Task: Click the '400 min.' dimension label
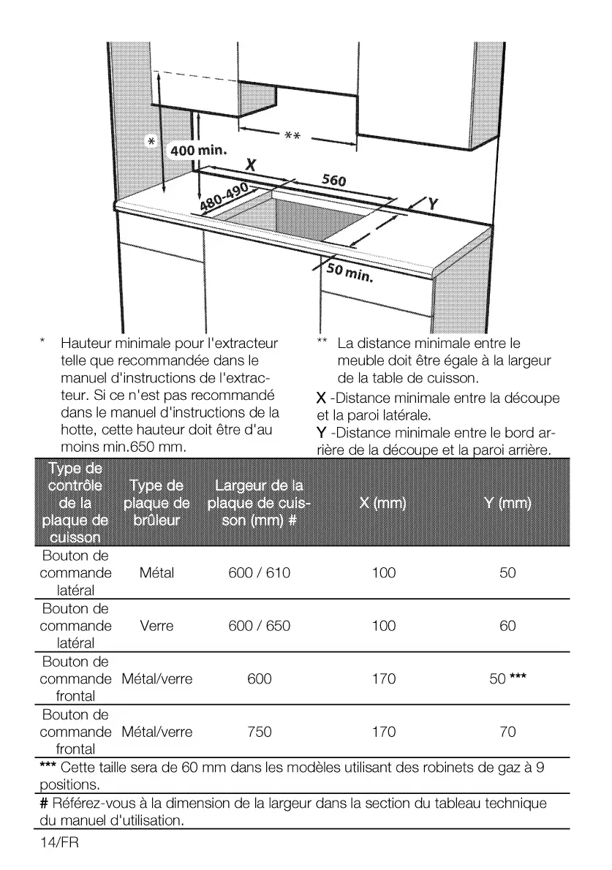pyautogui.click(x=200, y=150)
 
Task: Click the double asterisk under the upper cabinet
pyautogui.click(x=292, y=136)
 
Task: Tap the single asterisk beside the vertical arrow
pyautogui.click(x=151, y=141)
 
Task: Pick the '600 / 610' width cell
pyautogui.click(x=259, y=573)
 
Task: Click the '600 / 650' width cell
pyautogui.click(x=259, y=626)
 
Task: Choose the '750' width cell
pyautogui.click(x=259, y=731)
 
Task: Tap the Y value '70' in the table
pyautogui.click(x=507, y=731)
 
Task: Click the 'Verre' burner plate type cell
pyautogui.click(x=156, y=626)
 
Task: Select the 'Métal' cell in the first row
pyautogui.click(x=156, y=573)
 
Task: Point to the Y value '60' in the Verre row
pyautogui.click(x=507, y=626)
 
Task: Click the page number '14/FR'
pyautogui.click(x=59, y=843)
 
